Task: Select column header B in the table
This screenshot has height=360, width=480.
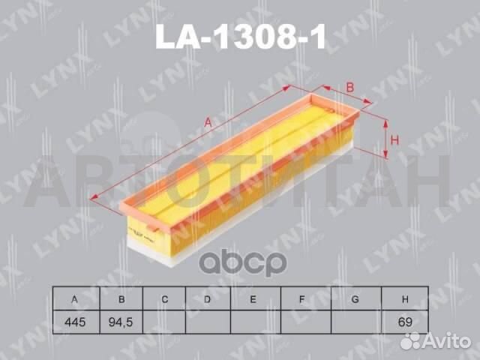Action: click(120, 299)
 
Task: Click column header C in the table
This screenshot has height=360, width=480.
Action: click(164, 299)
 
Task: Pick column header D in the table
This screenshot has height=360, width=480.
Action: click(208, 299)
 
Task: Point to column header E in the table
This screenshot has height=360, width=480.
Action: click(253, 299)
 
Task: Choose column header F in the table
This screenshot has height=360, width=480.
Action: click(301, 299)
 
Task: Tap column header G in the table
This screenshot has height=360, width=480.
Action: click(353, 299)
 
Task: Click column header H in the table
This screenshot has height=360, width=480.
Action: click(404, 299)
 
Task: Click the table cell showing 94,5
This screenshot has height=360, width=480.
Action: click(120, 322)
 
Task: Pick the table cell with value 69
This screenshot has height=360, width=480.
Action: click(404, 322)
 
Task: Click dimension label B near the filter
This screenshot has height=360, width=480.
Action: click(350, 87)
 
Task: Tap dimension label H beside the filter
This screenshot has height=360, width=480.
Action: click(394, 139)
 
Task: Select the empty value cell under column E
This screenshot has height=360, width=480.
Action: click(253, 322)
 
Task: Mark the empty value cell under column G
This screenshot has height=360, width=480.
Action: click(353, 322)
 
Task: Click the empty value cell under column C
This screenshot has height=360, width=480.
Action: click(164, 322)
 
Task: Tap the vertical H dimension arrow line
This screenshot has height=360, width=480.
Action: click(385, 139)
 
